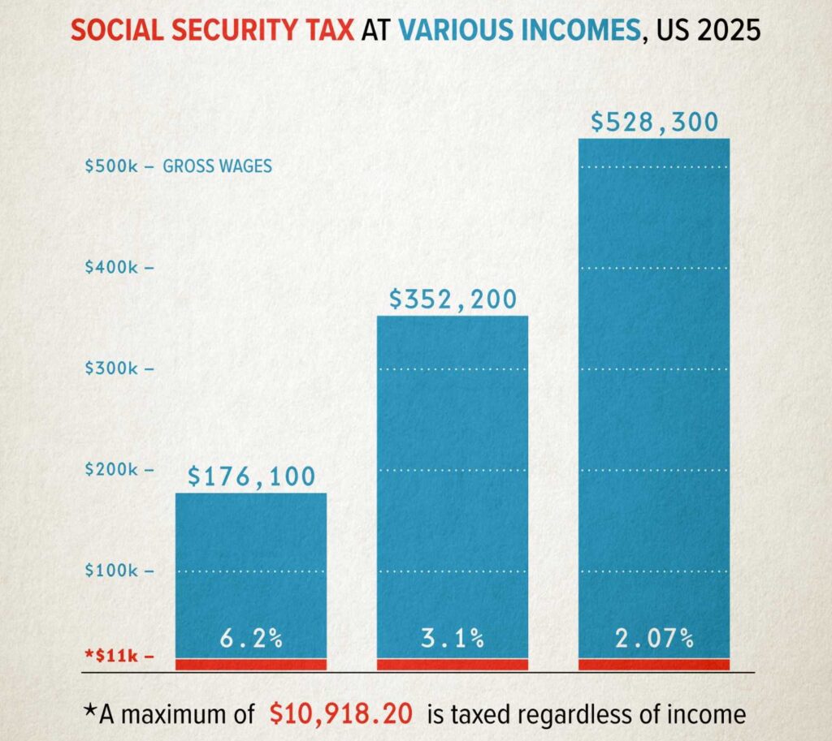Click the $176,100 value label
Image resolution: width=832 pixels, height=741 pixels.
(x=251, y=476)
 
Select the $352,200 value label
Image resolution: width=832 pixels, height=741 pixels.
(x=453, y=299)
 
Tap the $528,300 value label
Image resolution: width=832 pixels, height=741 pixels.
(x=654, y=123)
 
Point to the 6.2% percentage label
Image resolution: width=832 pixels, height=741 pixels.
(x=251, y=639)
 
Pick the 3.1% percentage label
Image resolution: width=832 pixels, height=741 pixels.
(x=453, y=639)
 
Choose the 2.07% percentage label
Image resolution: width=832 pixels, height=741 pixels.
(x=654, y=639)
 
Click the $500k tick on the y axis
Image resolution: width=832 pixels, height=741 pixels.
(x=114, y=166)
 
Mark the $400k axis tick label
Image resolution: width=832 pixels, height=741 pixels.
(x=114, y=268)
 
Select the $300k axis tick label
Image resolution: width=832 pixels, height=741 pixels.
(x=114, y=368)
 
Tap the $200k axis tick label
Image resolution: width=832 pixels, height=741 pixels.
(x=114, y=470)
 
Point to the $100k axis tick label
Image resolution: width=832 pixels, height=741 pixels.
(x=114, y=571)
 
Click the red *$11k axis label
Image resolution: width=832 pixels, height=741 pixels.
(x=114, y=657)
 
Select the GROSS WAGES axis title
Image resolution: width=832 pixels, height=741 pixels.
(x=218, y=166)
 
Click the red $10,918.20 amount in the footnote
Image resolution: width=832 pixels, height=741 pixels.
(x=342, y=713)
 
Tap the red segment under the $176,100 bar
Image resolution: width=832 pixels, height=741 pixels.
(x=251, y=664)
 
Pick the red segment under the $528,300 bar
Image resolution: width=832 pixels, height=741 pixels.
(x=654, y=664)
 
